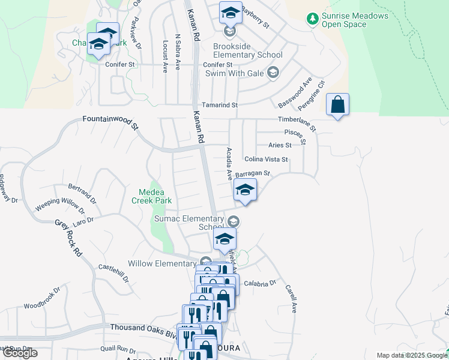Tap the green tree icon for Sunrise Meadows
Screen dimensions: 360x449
tap(312, 20)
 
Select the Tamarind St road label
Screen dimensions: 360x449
tap(219, 105)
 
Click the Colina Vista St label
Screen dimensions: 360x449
tap(267, 160)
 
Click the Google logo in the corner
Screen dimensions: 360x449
tap(20, 353)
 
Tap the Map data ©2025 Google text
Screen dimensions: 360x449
tap(412, 355)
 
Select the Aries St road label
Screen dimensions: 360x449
tap(280, 145)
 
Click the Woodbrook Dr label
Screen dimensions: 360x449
tap(43, 298)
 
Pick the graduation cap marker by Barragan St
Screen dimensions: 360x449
tap(244, 190)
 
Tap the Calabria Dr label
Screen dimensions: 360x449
tap(259, 283)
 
